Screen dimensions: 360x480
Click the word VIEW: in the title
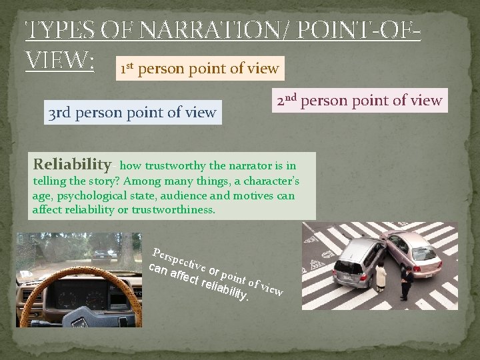click(59, 61)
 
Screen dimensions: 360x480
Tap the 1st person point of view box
click(199, 68)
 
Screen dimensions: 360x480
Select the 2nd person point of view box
click(360, 101)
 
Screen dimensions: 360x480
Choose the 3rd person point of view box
click(132, 113)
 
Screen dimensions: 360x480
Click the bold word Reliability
click(73, 164)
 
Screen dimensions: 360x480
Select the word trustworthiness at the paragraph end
click(173, 210)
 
